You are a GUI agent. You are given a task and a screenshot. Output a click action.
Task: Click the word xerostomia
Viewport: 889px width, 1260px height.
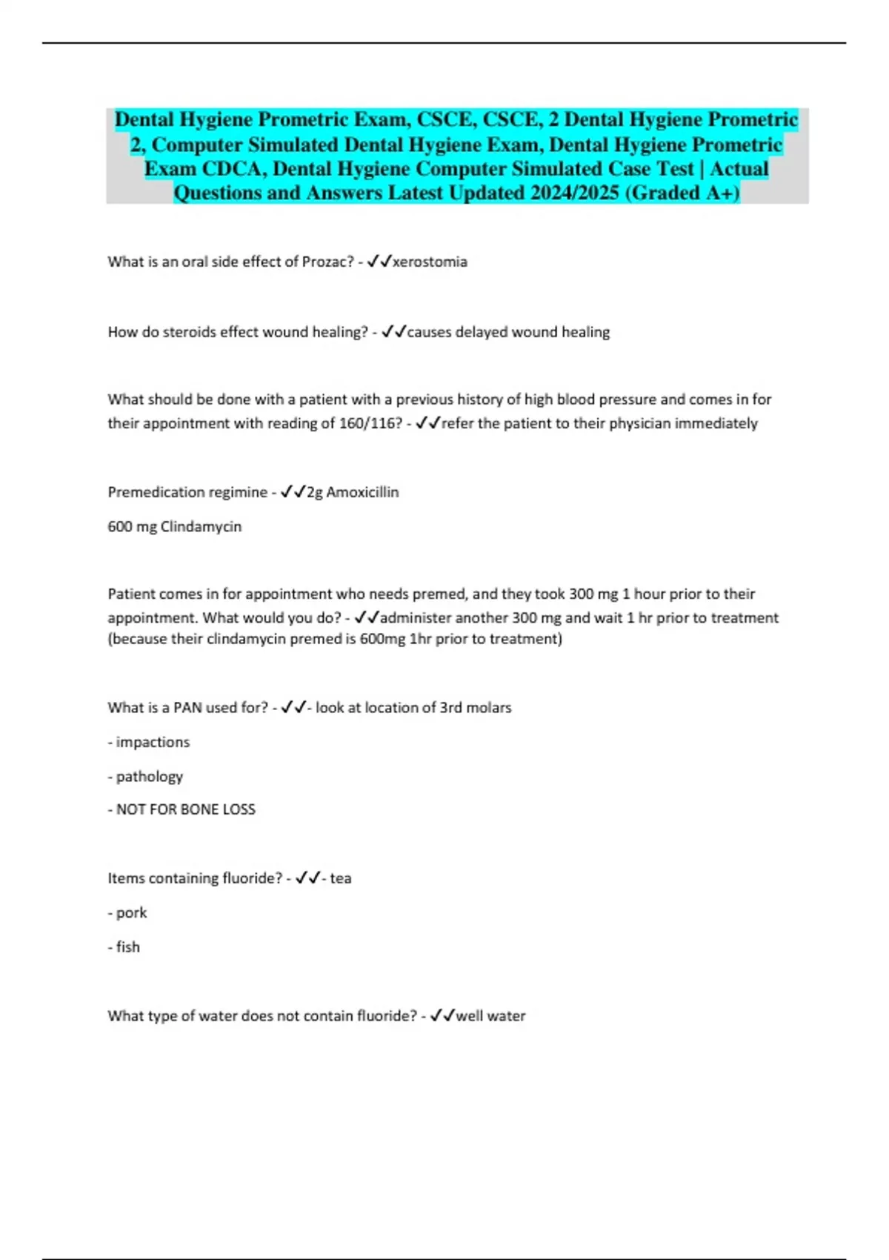coord(430,262)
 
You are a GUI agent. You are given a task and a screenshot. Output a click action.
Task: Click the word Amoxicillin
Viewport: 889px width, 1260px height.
coord(362,492)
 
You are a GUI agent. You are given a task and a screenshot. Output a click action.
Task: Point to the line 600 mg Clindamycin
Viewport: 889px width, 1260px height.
coord(175,526)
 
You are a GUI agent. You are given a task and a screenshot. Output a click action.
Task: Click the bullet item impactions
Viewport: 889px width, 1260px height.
coord(153,742)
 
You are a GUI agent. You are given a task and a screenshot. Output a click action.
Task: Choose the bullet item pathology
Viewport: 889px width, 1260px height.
coord(149,776)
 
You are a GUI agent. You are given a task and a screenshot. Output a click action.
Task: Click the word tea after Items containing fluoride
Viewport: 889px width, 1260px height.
coord(341,878)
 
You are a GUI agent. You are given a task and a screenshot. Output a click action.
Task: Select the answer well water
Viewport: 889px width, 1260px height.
coord(490,1015)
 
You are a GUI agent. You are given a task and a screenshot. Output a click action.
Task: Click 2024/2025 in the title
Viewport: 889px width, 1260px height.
coord(574,193)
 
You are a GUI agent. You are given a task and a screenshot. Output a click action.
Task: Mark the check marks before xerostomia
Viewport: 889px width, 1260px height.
coord(379,261)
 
